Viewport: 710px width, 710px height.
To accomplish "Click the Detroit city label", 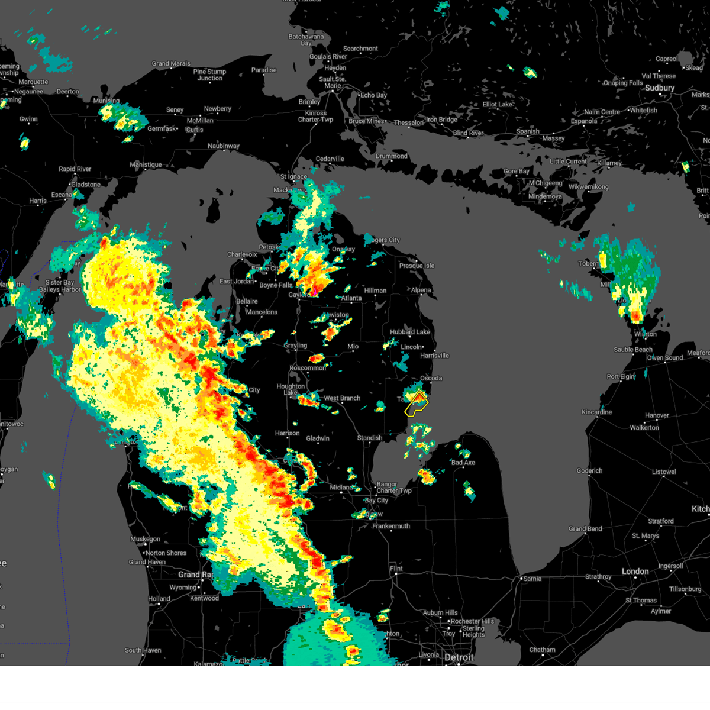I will [459, 658].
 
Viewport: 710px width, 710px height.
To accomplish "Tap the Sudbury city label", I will [660, 88].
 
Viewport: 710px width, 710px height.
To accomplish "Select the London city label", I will [635, 572].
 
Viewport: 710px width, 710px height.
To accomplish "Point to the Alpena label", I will [421, 291].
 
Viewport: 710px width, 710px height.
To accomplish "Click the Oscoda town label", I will [431, 379].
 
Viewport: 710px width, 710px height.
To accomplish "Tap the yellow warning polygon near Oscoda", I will [417, 404].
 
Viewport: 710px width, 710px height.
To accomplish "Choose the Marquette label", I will [33, 82].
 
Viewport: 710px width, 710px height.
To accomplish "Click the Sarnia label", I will [532, 579].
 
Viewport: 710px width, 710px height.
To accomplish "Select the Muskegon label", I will [145, 540].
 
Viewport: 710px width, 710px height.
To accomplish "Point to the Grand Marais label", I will [171, 64].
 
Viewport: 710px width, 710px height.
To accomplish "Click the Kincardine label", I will [597, 412].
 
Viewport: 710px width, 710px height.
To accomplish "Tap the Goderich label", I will [590, 471].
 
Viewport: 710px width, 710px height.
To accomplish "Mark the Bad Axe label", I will [463, 463].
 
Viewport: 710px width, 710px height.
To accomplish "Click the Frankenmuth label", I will [391, 526].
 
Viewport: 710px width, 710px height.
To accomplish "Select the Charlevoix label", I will [243, 255].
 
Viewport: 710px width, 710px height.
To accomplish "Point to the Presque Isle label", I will [417, 266].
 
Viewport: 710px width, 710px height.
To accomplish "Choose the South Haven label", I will [143, 650].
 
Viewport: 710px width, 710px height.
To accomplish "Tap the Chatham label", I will [542, 650].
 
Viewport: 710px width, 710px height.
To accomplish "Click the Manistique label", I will [146, 165].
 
